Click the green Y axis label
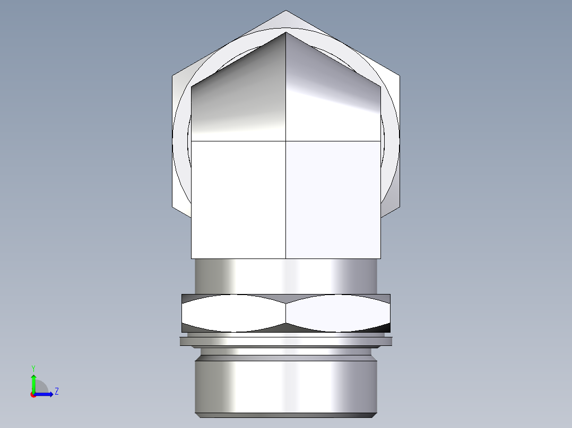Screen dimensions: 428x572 pos(33,367)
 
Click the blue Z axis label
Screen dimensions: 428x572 pos(56,391)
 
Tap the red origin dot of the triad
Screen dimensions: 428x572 pos(33,395)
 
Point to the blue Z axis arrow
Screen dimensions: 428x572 pos(47,394)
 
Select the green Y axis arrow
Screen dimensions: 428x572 pos(33,382)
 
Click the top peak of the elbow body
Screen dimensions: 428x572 pos(286,32)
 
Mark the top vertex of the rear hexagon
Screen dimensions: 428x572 pos(286,11)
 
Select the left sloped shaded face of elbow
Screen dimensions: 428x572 pos(239,101)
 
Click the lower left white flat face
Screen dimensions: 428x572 pos(238,200)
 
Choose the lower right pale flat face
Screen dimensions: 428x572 pos(333,200)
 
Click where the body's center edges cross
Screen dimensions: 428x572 pos(286,141)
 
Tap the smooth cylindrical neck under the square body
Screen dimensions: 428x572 pos(286,276)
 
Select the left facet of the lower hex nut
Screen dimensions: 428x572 pos(234,314)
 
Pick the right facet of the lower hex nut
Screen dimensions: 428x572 pos(338,314)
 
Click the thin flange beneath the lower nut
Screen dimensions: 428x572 pos(286,342)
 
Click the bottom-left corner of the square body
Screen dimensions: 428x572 pos(191,258)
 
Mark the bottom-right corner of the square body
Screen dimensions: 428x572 pos(380,258)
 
